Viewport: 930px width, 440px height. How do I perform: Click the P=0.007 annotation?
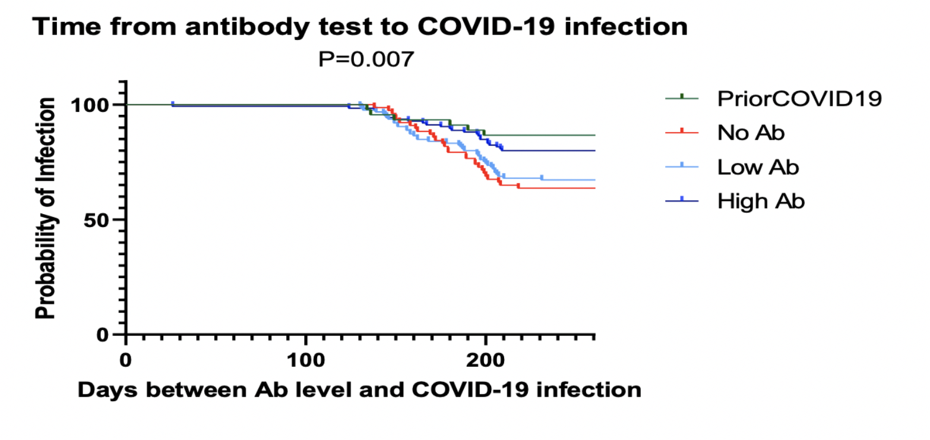363,59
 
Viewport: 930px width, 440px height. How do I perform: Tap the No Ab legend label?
751,133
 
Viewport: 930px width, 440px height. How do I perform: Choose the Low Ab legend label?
758,167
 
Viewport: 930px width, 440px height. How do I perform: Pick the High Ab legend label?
761,202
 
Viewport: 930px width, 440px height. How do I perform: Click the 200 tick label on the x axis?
485,361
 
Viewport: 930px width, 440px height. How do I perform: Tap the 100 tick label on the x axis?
305,361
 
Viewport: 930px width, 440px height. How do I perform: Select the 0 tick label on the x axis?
125,361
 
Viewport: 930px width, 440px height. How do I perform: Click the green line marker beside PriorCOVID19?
681,97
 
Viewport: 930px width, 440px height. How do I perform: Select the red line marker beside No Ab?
681,131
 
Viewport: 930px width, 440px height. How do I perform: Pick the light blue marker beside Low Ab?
681,166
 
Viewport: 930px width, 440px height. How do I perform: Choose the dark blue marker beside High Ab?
681,200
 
